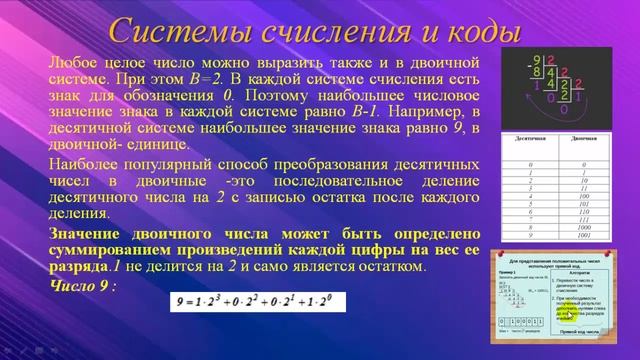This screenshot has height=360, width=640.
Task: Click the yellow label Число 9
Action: click(x=82, y=286)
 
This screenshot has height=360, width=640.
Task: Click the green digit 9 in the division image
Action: click(x=537, y=59)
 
